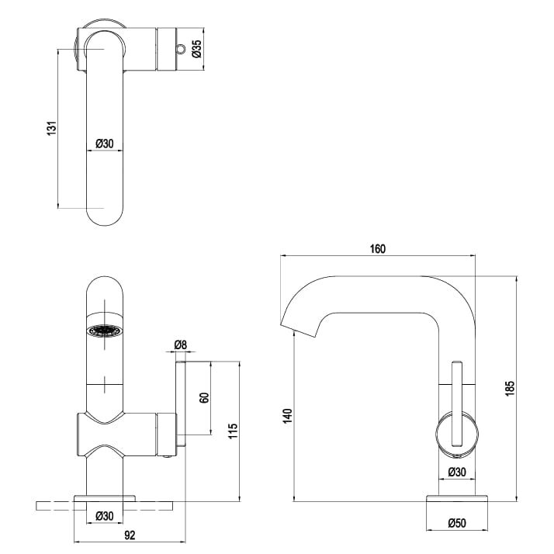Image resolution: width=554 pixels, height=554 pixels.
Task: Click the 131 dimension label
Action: [x=49, y=128]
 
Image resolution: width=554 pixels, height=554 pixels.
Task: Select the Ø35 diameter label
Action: [x=197, y=49]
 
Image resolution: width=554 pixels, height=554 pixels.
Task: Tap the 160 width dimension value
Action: [x=378, y=249]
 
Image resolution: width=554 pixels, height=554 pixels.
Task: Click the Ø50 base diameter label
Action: [x=457, y=523]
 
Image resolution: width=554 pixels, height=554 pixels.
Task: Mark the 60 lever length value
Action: [x=204, y=397]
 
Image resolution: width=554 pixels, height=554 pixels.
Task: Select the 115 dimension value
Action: [x=234, y=430]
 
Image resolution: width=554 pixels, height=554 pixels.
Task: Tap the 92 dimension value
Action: [x=130, y=535]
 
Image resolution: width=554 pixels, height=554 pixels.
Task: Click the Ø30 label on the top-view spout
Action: [x=105, y=144]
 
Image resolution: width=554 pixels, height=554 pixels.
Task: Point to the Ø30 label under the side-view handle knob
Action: [x=457, y=471]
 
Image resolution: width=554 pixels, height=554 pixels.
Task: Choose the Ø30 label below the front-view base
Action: [x=105, y=514]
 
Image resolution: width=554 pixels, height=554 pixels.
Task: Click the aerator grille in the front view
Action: [x=105, y=330]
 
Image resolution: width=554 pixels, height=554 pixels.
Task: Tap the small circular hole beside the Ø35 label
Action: [x=181, y=50]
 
